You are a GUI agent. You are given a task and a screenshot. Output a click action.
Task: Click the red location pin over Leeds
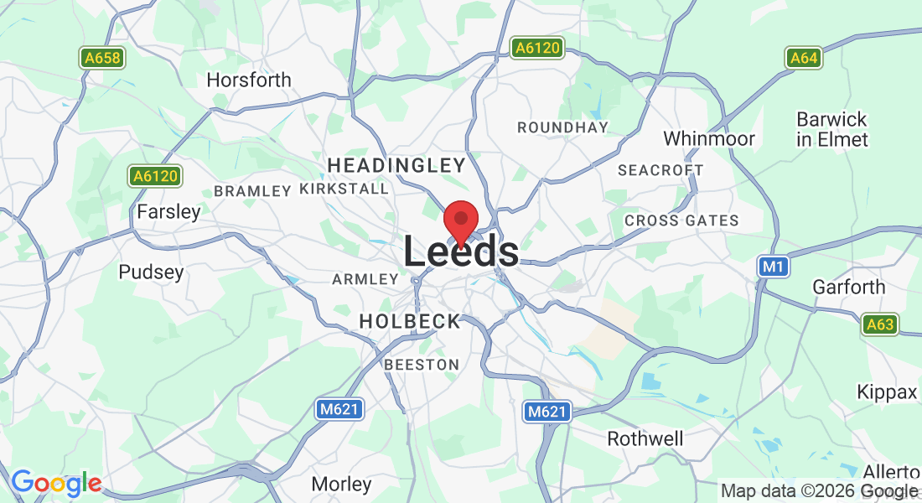(460, 220)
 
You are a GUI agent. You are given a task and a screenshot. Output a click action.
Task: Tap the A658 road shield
(102, 58)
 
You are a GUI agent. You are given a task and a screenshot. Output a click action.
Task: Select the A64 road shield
(803, 58)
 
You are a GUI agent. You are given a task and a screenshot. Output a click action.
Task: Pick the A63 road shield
(879, 324)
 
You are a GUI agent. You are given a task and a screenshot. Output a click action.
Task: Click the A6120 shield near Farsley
(156, 176)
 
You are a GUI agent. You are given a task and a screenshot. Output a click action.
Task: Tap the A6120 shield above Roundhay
(536, 49)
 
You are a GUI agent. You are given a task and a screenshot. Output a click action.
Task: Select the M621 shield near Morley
(339, 409)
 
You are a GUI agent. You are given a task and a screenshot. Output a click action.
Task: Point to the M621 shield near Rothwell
(547, 412)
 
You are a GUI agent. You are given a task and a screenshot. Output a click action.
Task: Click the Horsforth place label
(249, 80)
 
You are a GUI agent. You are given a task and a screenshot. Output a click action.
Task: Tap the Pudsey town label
(151, 272)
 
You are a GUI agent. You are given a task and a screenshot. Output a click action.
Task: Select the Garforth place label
(848, 288)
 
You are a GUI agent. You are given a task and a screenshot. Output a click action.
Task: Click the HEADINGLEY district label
(396, 164)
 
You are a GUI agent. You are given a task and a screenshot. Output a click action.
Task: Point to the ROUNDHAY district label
(562, 127)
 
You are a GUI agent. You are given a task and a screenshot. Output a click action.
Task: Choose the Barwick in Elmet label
(831, 129)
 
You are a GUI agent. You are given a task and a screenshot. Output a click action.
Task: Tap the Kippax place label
(887, 392)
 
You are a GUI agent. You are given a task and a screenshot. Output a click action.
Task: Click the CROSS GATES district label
(681, 220)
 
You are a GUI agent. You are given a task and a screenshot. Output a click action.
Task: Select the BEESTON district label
(422, 365)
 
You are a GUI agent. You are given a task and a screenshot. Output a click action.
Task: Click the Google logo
(55, 483)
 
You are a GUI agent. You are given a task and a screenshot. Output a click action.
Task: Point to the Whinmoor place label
(709, 138)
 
